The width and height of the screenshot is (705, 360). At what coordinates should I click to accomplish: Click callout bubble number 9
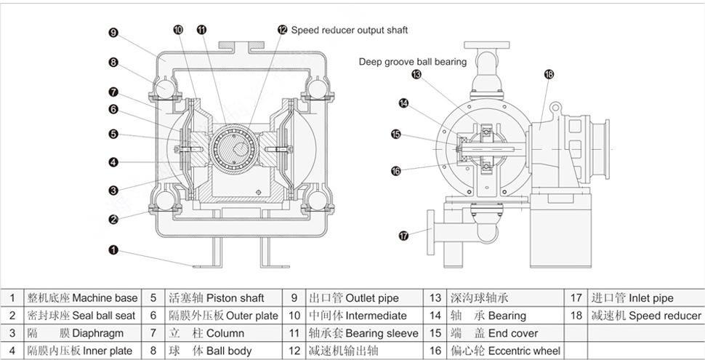113,33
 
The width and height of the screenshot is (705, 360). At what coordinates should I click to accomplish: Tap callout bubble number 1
113,249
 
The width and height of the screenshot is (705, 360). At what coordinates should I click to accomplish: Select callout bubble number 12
282,30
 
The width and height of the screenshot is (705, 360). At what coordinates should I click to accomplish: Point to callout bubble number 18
549,74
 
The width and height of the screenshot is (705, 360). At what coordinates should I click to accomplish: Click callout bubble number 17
404,235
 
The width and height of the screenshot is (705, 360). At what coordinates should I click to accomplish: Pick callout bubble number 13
416,74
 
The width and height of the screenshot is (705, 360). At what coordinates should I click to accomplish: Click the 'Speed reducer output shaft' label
350,31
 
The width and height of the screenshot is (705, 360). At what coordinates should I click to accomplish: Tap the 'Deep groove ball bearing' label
413,62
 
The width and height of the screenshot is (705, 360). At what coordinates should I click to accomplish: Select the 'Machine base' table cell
81,298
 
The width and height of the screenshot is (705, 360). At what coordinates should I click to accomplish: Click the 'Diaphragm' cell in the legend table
81,333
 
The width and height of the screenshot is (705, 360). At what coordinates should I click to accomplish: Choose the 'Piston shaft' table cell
222,298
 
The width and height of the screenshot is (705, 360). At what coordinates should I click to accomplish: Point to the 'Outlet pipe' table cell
363,298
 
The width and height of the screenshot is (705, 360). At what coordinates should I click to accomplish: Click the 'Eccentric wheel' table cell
505,351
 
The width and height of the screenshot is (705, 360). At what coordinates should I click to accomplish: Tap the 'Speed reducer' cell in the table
646,316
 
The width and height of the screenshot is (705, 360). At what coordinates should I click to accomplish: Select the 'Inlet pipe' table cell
646,298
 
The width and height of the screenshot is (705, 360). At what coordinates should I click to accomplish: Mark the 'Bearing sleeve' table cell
363,333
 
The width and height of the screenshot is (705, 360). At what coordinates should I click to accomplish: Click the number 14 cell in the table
435,316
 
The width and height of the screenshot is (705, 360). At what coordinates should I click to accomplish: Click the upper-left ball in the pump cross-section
165,87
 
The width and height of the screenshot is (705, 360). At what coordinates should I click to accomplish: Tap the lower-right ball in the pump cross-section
318,200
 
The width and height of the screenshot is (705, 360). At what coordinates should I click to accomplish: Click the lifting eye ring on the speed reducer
555,108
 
